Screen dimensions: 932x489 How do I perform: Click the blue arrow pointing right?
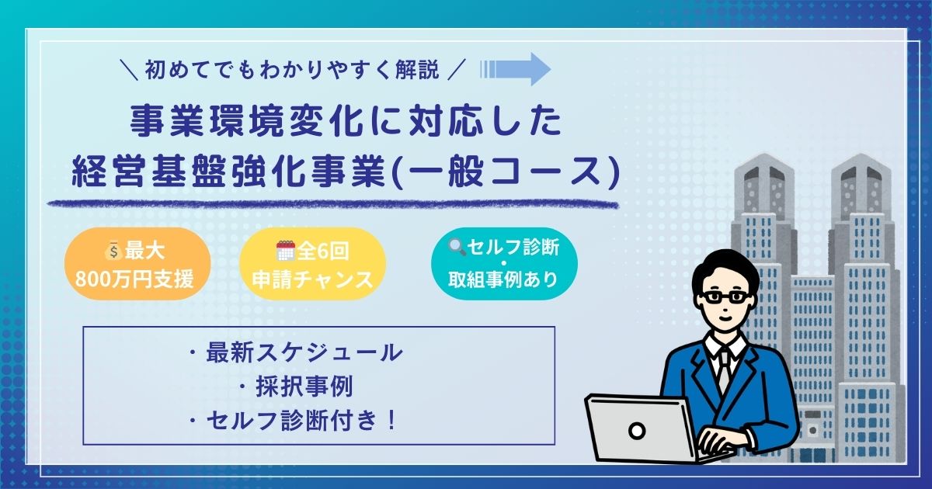coord(515,69)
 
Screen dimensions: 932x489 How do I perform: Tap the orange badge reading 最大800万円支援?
coord(137,264)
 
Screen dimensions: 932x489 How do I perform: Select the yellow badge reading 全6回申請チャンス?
coord(313,264)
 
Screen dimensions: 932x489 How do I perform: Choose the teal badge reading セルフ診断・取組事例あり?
coord(504,264)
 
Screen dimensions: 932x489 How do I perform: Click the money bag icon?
coord(113,252)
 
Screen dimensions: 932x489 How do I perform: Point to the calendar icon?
coord(286,251)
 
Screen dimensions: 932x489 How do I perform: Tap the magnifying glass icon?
coord(457,248)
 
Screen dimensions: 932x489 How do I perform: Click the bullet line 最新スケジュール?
coord(296,352)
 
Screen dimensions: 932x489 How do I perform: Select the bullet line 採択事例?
coord(296,387)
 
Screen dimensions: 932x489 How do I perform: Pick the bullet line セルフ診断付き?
coord(293,420)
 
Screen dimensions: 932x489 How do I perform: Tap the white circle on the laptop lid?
coord(637,431)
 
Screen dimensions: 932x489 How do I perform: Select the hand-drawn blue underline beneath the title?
coord(333,203)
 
